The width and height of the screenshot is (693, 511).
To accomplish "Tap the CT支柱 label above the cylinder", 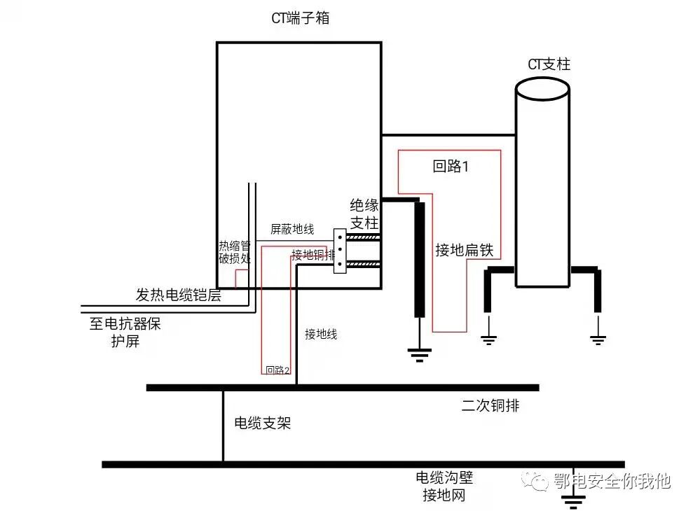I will click(549, 64).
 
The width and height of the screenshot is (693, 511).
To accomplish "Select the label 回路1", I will click(450, 167).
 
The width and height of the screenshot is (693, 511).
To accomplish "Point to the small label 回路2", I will click(277, 370).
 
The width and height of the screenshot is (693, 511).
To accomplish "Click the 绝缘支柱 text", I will click(364, 214).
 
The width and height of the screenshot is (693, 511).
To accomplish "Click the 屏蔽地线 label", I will click(292, 229).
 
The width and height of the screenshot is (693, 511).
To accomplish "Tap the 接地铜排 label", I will click(313, 255).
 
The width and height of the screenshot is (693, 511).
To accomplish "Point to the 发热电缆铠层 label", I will click(178, 295).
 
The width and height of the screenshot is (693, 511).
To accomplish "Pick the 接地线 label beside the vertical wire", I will click(321, 335).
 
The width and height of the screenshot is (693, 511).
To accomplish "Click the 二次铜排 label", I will click(490, 405).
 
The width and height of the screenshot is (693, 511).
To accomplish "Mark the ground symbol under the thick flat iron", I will click(419, 353).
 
